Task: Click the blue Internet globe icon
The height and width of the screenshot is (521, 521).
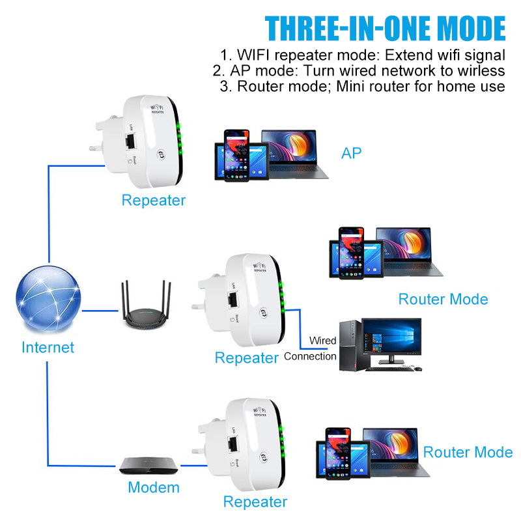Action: pyautogui.click(x=48, y=298)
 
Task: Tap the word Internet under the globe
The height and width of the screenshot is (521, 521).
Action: pyautogui.click(x=48, y=348)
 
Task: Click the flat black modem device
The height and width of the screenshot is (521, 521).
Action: pyautogui.click(x=148, y=465)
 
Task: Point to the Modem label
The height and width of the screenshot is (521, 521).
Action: pyautogui.click(x=154, y=487)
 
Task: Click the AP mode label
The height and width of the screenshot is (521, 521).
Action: pyautogui.click(x=351, y=153)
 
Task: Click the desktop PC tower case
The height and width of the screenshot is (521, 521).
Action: pyautogui.click(x=350, y=346)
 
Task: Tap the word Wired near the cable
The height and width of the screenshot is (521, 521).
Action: pyautogui.click(x=322, y=341)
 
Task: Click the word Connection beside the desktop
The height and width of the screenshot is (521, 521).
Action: pyautogui.click(x=310, y=356)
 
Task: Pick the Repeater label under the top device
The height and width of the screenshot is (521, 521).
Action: pyautogui.click(x=154, y=201)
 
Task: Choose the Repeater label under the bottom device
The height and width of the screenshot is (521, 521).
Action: pyautogui.click(x=255, y=501)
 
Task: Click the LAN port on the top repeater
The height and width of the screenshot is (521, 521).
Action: pyautogui.click(x=130, y=141)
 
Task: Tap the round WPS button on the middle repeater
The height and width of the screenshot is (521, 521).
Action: pyautogui.click(x=264, y=313)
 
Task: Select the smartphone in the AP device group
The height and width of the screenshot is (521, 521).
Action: pyautogui.click(x=236, y=156)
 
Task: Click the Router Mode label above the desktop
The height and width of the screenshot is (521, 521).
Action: pyautogui.click(x=444, y=300)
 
